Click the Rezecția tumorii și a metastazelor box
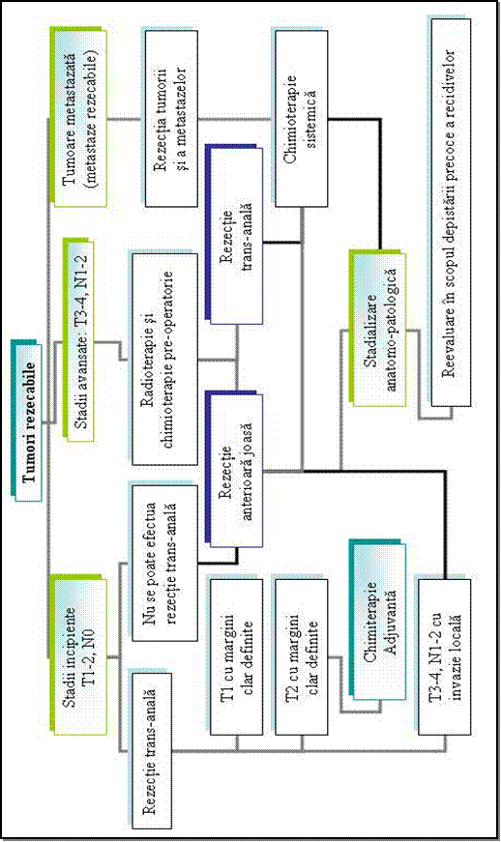(171, 118)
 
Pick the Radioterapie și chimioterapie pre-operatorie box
(164, 359)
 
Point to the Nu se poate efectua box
(164, 564)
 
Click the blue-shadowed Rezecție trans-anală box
(237, 235)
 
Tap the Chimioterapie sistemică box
(301, 118)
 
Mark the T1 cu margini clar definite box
(237, 656)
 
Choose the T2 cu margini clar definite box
(301, 656)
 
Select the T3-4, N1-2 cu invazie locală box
(445, 656)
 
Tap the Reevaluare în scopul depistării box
(451, 212)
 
